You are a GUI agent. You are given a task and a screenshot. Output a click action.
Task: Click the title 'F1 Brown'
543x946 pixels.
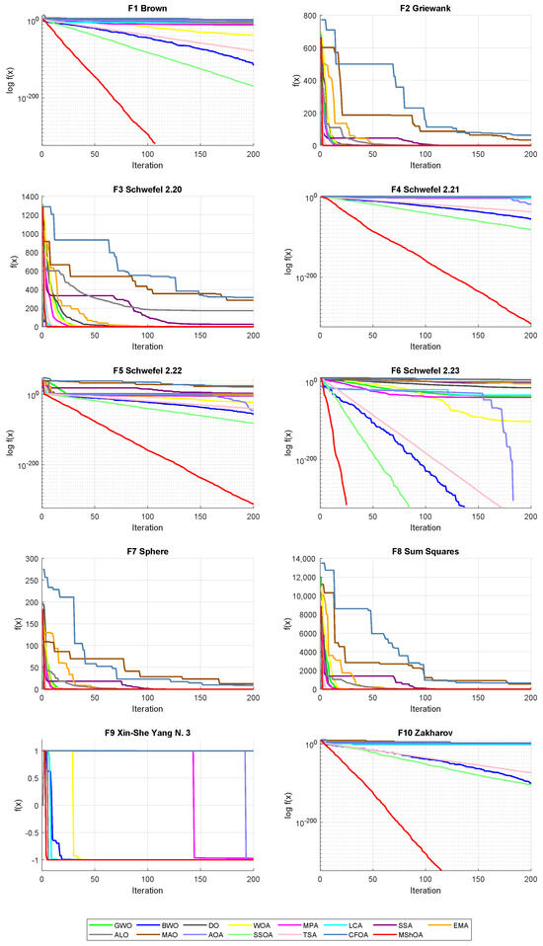[147, 8]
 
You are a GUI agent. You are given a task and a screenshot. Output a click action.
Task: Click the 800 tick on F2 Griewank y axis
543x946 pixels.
[308, 19]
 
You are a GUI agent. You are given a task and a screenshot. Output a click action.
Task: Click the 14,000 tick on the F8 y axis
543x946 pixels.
[300, 560]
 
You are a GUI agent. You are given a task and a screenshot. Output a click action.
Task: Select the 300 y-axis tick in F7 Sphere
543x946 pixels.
[30, 560]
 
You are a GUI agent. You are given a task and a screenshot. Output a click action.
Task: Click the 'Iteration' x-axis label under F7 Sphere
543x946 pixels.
[147, 708]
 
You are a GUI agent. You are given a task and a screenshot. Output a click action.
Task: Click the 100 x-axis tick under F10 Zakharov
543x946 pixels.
[425, 879]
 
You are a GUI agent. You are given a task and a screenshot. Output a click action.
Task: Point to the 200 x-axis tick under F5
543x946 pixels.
[253, 516]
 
